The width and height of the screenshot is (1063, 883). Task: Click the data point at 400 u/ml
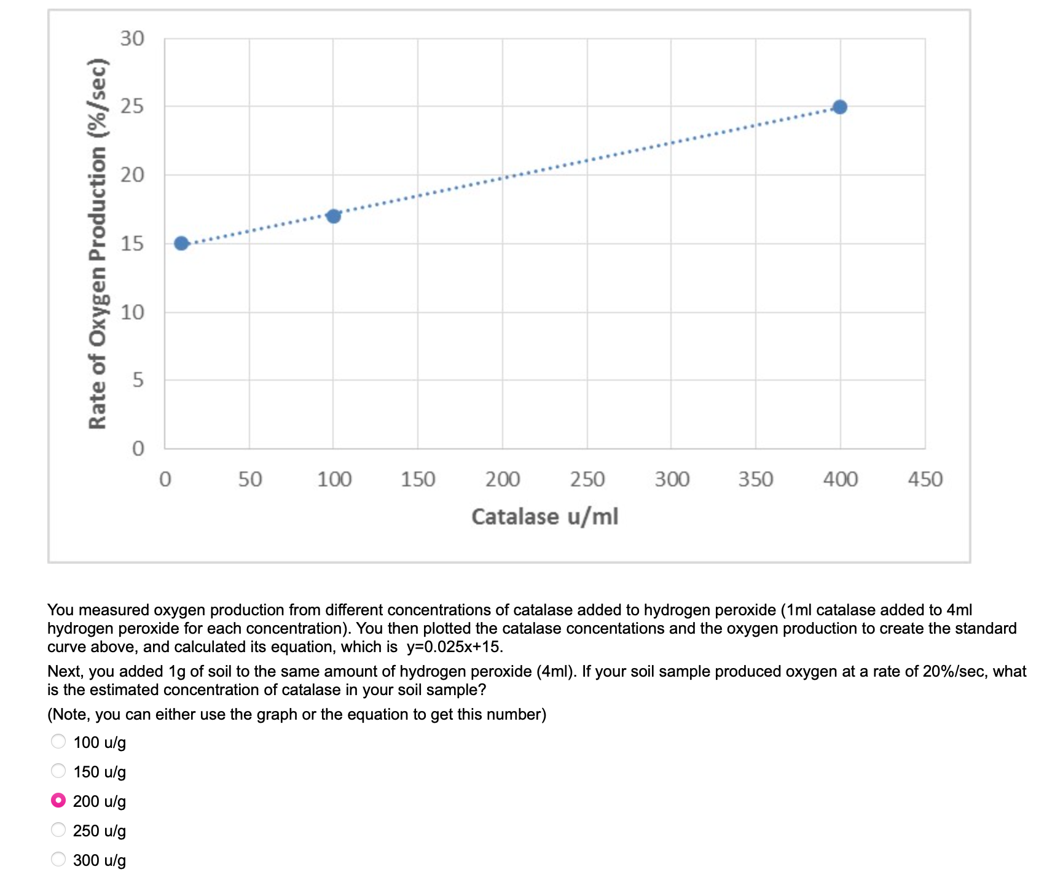(840, 107)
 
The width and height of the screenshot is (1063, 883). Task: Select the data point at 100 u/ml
(333, 216)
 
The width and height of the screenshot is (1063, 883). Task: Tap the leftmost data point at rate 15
(181, 244)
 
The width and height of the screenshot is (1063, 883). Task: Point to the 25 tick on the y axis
(132, 106)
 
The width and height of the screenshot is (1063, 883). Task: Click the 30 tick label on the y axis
(132, 39)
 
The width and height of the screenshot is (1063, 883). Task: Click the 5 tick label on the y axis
(138, 380)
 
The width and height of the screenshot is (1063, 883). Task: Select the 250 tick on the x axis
(587, 479)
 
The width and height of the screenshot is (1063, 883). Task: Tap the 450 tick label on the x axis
(925, 479)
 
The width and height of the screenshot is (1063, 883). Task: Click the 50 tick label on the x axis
(250, 479)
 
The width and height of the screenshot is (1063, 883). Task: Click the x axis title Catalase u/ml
(544, 516)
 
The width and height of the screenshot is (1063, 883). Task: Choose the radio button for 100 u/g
(58, 742)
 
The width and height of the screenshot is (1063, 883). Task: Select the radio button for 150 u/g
(58, 771)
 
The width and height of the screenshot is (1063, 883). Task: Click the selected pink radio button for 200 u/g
(58, 800)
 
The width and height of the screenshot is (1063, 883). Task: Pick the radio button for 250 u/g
(58, 830)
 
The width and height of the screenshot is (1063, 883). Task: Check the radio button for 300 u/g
(58, 859)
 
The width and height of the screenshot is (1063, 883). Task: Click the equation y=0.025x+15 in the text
(454, 647)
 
